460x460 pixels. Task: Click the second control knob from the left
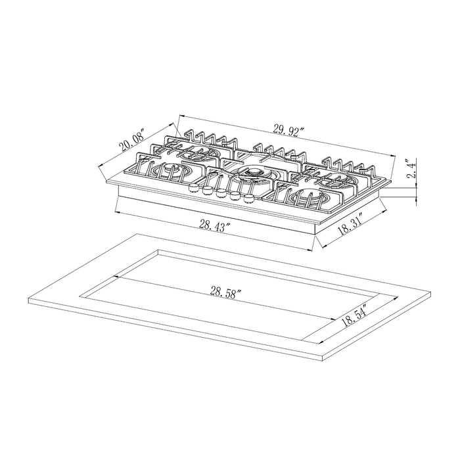pos(207,191)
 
